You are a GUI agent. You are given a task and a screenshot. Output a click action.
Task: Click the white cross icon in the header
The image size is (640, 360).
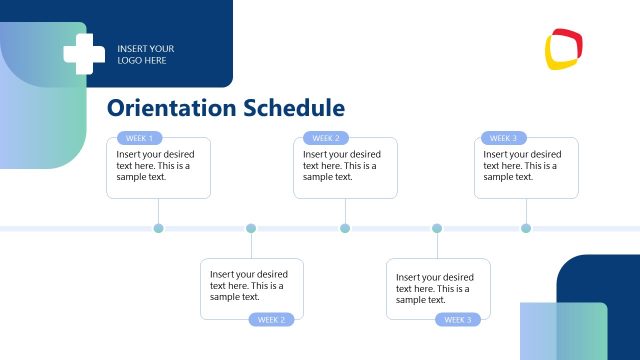[84, 54]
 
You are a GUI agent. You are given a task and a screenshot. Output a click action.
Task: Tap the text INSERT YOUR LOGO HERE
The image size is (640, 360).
[145, 54]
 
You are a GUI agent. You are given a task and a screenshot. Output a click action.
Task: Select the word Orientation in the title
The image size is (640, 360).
[171, 108]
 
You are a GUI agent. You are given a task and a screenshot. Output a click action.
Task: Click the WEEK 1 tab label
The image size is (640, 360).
[139, 138]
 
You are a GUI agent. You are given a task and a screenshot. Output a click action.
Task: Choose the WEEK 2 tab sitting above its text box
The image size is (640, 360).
[326, 138]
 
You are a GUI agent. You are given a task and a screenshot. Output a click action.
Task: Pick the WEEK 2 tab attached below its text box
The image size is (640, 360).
[272, 320]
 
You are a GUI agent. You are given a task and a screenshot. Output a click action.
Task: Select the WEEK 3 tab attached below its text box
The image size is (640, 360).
[458, 320]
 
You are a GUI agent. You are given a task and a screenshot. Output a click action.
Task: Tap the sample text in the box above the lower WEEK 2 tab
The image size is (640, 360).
[249, 285]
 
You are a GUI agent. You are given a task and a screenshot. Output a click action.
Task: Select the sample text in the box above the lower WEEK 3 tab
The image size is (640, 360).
[435, 288]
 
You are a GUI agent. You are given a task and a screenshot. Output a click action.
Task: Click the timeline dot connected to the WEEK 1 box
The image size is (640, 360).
[158, 229]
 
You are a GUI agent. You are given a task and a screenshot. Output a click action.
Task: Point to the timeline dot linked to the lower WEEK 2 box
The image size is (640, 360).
[250, 229]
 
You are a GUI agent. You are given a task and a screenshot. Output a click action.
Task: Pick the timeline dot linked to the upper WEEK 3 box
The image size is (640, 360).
[526, 229]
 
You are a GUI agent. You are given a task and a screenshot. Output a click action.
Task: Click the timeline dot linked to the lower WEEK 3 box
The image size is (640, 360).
[437, 229]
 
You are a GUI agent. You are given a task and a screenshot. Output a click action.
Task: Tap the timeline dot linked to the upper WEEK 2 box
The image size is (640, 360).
[345, 229]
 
